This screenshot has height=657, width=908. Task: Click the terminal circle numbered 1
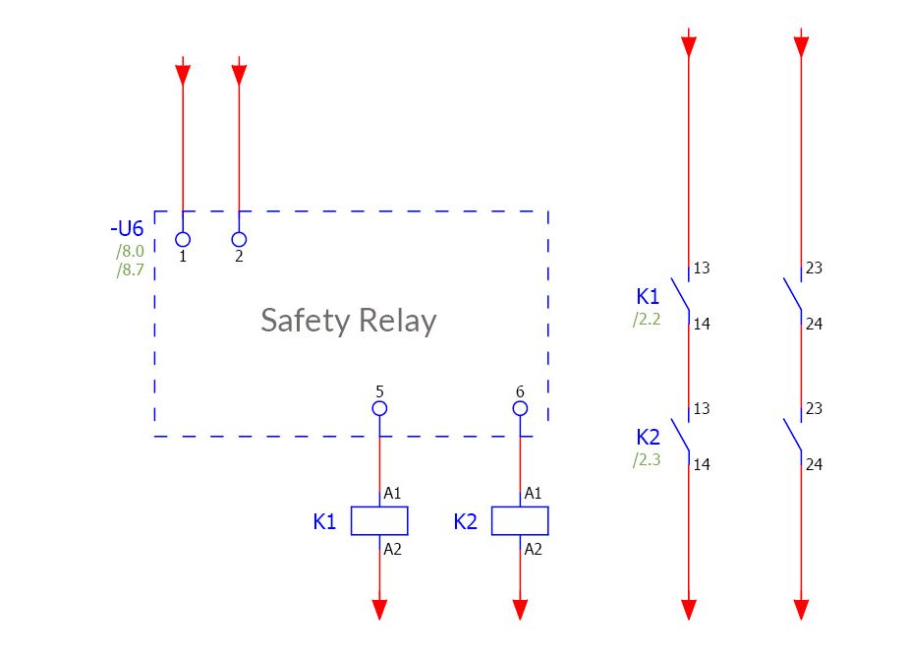click(x=183, y=239)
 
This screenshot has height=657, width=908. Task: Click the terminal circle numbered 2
click(x=239, y=239)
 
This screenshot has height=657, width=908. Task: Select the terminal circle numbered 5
click(x=379, y=408)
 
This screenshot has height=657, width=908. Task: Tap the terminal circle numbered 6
click(x=520, y=408)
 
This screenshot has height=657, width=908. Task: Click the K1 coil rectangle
click(x=379, y=521)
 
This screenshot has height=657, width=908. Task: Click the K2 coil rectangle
click(x=520, y=521)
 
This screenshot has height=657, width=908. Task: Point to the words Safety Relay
click(x=348, y=321)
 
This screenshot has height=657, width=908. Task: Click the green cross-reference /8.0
click(x=130, y=252)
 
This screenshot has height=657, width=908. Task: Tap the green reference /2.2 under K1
click(x=648, y=319)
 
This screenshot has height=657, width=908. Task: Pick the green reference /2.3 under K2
click(x=648, y=459)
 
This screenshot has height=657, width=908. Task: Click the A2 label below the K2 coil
click(x=533, y=550)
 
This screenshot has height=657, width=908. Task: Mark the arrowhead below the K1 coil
click(x=379, y=609)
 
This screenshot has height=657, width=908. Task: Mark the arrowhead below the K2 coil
click(x=520, y=609)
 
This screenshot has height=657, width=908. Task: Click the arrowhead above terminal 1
click(x=183, y=74)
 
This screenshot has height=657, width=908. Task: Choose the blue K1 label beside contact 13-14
click(x=649, y=297)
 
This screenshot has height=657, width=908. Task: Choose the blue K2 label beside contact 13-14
click(x=649, y=438)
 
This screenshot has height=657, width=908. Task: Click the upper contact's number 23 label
click(x=814, y=269)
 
